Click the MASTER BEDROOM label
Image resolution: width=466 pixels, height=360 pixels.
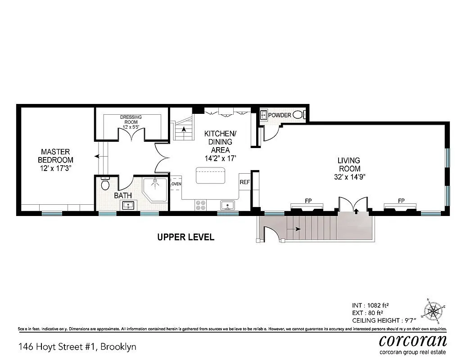[55, 156]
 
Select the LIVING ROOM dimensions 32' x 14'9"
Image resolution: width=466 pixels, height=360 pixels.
[349, 177]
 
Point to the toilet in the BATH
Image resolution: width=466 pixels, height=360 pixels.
[105, 184]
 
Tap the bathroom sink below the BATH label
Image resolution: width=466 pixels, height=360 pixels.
[129, 206]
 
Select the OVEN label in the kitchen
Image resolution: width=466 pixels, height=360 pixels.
[176, 184]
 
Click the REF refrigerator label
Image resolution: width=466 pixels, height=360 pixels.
[244, 182]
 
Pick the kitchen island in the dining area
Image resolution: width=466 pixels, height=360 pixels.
[210, 175]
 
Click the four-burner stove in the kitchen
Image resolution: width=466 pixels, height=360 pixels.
[201, 205]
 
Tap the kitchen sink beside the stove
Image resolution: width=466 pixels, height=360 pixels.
[227, 206]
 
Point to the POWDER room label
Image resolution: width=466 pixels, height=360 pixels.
[280, 115]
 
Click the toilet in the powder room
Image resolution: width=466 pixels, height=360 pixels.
[299, 115]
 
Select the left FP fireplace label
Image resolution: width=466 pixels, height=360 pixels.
[308, 201]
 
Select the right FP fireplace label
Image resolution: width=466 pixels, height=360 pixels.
[401, 201]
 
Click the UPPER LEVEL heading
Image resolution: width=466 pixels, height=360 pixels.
[185, 237]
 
